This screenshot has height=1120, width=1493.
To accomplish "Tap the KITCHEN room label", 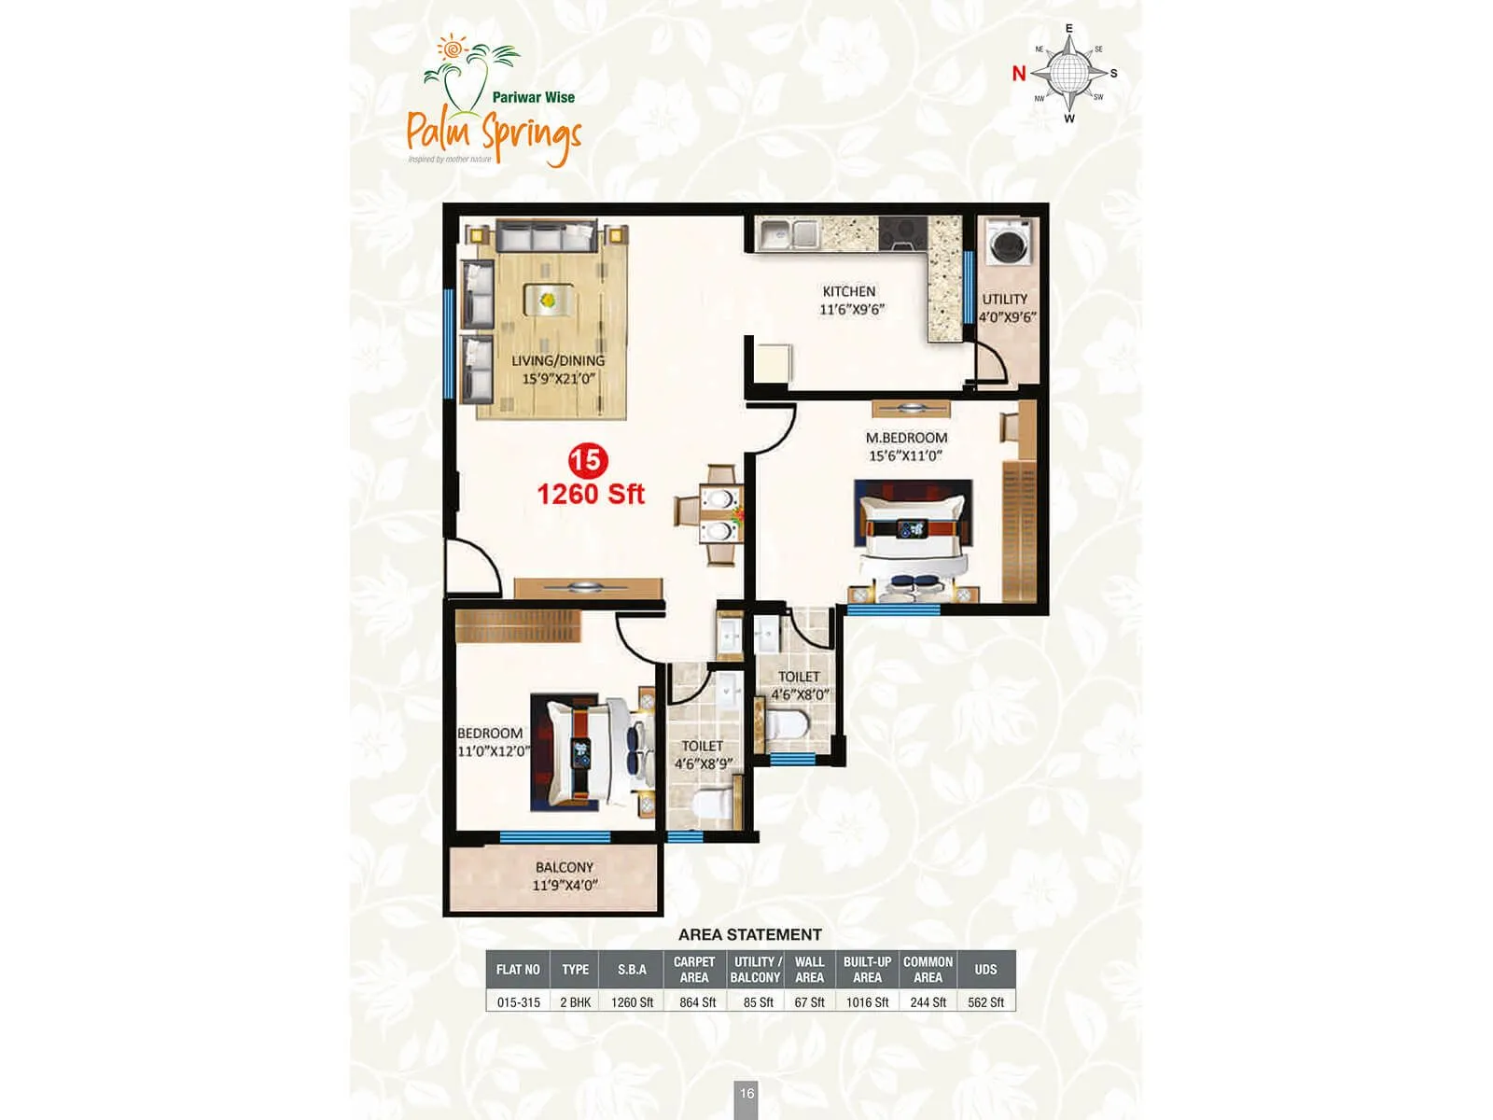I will point(848,291).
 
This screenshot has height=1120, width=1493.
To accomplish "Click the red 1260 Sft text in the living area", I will point(590,494).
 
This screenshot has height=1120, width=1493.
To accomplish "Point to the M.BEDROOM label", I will point(906,438).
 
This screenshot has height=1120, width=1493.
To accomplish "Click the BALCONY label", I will point(565,867).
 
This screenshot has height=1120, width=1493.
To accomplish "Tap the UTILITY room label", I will point(1004,300).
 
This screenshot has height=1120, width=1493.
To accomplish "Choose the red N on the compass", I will point(1019,74).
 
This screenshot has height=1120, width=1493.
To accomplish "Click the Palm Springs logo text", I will point(494,133).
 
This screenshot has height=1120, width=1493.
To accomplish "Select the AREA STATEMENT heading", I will point(749,934).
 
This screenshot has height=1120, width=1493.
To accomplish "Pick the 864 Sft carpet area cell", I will point(697,1002).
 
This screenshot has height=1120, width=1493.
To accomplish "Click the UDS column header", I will point(985,970).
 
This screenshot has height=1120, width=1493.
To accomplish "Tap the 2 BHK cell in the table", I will point(575,1002).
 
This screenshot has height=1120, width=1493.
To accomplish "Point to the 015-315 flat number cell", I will point(518,1002).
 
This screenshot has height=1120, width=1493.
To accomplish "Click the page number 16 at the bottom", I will point(746,1094).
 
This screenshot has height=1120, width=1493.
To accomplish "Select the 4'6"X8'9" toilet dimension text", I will point(704,763).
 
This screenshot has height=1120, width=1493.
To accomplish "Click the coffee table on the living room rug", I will point(547,301).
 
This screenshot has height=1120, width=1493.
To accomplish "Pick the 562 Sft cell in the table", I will point(985,1002).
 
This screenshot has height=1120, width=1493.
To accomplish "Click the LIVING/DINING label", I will point(558,360).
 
